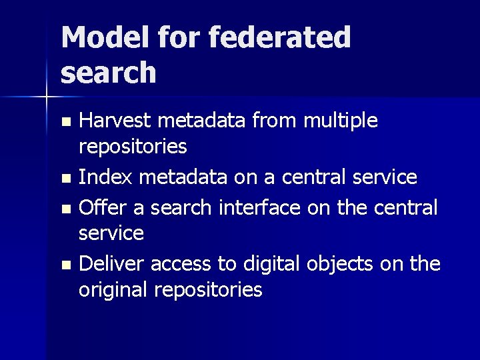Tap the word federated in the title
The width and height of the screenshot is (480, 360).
click(x=280, y=38)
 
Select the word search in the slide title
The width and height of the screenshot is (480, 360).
click(x=109, y=73)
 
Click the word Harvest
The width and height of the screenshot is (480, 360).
click(x=114, y=121)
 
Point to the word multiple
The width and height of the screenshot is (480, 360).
click(x=341, y=122)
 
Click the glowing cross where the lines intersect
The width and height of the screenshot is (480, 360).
click(x=46, y=97)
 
